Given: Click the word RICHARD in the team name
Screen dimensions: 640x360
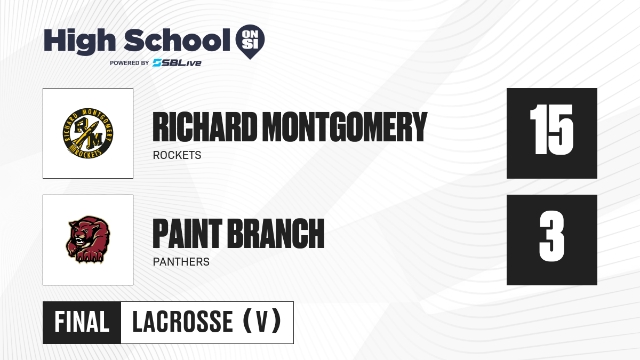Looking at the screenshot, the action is point(205,127).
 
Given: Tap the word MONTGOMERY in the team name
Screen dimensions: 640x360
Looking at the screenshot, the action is point(345,127).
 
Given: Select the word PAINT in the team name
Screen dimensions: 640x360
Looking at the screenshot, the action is point(187,234).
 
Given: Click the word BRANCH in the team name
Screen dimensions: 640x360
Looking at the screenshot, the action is point(276,234).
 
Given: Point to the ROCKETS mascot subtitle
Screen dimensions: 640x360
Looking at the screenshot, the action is point(177,155).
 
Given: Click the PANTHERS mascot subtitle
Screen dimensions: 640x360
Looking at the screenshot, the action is point(181,262).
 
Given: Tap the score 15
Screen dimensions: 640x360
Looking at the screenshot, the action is point(551,130).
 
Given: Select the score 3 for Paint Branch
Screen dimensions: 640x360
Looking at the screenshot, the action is point(552,236).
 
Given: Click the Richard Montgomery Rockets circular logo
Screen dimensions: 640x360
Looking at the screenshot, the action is point(88,133).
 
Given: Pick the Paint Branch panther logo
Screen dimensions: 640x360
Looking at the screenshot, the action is point(88,239).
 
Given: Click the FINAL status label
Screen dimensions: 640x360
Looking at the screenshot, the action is point(82,322).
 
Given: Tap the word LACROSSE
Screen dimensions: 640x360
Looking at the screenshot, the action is point(182,322).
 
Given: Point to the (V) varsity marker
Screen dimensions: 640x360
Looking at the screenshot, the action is point(262,321).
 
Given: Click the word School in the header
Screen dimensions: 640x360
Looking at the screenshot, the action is point(177,40).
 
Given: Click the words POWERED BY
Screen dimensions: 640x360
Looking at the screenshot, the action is point(130,63).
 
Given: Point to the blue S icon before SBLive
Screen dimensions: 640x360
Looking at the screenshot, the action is point(157,63).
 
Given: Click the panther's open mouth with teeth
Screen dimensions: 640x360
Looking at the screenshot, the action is point(81,242).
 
